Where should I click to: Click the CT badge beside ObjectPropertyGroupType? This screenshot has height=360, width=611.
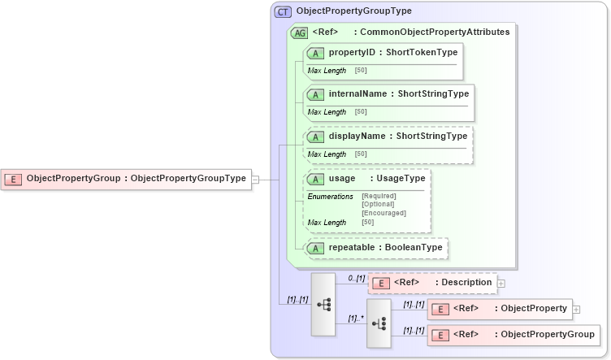tap(283, 11)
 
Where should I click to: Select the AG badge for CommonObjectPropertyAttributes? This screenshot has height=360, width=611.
tap(299, 33)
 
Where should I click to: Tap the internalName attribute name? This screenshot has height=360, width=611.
tap(357, 93)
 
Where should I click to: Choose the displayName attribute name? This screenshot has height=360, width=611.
tap(357, 136)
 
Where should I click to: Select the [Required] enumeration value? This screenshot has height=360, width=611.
tap(379, 196)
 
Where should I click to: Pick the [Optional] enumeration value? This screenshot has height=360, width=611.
tap(378, 204)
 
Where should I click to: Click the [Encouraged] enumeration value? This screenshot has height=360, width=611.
tap(383, 213)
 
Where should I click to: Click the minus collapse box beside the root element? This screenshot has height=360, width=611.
tap(255, 179)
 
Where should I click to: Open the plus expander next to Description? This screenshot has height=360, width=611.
tap(501, 283)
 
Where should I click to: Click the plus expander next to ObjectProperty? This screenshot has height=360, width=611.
tap(576, 309)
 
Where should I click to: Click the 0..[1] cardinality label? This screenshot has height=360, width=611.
tap(356, 278)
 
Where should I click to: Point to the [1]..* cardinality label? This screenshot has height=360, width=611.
tap(354, 319)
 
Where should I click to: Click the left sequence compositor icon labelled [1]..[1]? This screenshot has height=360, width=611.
tap(323, 305)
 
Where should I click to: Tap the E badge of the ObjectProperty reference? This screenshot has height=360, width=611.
tap(440, 309)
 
